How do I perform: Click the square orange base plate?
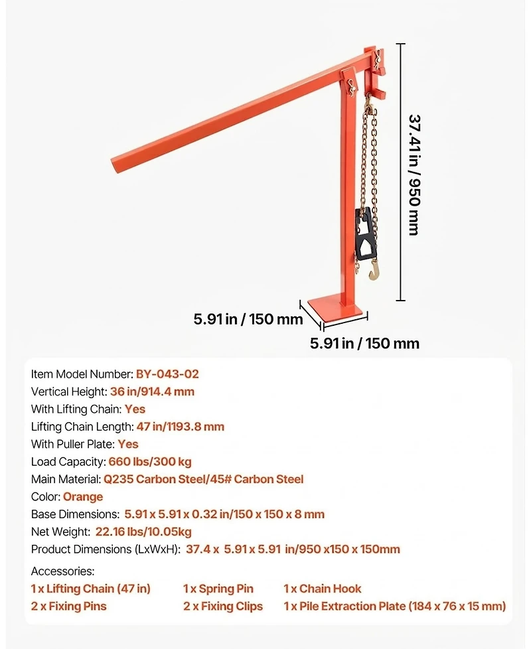point(337,308)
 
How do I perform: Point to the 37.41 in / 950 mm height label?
point(414,175)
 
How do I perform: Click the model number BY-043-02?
point(167,374)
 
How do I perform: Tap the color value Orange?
point(83,496)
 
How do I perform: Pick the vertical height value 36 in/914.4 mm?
point(152,392)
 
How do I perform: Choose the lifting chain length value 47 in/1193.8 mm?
point(180,427)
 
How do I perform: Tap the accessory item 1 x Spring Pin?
point(218,589)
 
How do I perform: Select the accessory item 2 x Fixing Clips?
point(223,606)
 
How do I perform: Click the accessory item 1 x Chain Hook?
point(323,589)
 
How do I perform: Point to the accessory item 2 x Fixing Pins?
point(68,606)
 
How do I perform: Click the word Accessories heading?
point(63,571)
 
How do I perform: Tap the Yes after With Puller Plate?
point(128,444)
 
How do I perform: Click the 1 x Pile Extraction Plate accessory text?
point(394,606)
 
